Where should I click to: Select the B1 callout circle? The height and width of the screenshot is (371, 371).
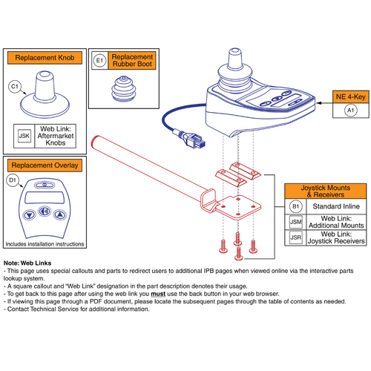(x=295, y=205)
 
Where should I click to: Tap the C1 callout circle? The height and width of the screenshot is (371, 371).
(x=14, y=87)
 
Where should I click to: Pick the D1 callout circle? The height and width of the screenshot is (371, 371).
(x=13, y=180)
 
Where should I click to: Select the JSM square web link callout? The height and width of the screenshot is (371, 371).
(x=295, y=221)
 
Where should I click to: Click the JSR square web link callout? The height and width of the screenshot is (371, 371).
(x=295, y=238)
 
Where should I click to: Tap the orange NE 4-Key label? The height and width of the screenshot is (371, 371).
(x=350, y=95)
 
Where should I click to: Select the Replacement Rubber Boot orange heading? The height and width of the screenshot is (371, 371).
(x=134, y=59)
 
